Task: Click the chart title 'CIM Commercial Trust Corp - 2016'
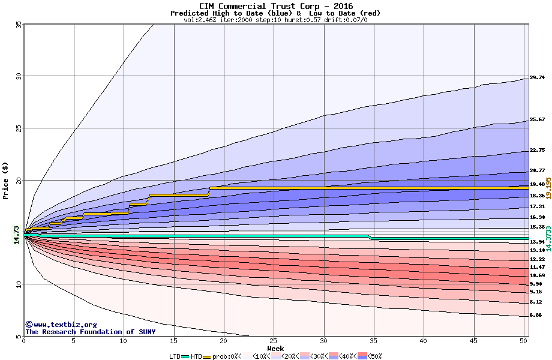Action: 275,6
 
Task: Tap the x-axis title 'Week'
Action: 275,348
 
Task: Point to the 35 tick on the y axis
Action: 19,24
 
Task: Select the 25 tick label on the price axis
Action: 19,128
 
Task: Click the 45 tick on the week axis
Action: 473,341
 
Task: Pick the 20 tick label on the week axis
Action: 224,341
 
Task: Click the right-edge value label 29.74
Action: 536,77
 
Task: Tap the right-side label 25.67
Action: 536,119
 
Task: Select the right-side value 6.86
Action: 536,315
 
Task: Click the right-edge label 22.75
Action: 536,150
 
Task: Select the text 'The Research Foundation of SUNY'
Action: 90,332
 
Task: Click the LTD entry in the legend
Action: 175,356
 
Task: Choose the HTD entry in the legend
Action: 197,356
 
